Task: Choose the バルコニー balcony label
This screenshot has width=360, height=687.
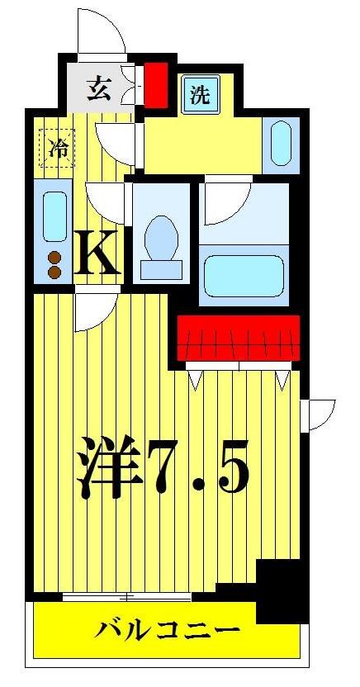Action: pyautogui.click(x=166, y=633)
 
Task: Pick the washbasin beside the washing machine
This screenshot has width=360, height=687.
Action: pyautogui.click(x=281, y=143)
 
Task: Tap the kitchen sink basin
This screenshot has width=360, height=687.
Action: pyautogui.click(x=54, y=216)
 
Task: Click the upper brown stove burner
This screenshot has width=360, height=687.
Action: pyautogui.click(x=55, y=257)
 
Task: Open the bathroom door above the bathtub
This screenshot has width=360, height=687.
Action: pyautogui.click(x=225, y=201)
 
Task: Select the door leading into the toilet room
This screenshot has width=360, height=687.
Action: pyautogui.click(x=107, y=200)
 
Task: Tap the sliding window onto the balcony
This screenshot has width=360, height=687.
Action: pyautogui.click(x=127, y=596)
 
